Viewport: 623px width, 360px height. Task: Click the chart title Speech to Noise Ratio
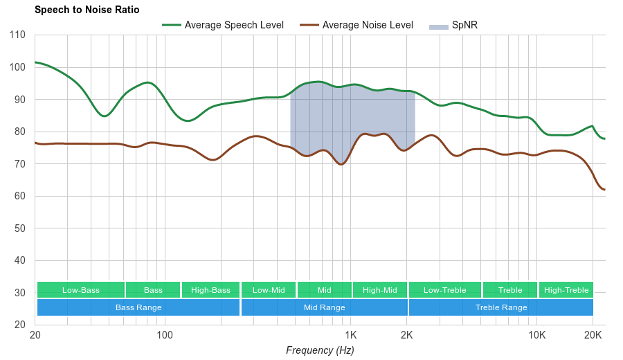(x=87, y=10)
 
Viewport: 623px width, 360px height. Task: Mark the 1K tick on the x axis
(x=349, y=335)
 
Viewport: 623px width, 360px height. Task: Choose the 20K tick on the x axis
(x=593, y=335)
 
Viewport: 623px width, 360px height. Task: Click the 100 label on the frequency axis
(x=164, y=335)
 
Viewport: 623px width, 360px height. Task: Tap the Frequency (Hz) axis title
(x=320, y=350)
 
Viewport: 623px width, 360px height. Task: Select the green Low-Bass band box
(x=81, y=290)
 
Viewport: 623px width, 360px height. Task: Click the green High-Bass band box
(x=210, y=290)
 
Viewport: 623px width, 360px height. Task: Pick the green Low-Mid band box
(x=269, y=290)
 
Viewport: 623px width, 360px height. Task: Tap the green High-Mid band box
(x=380, y=290)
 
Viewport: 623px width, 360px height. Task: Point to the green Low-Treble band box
(x=445, y=290)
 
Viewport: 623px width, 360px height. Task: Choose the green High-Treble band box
(x=566, y=290)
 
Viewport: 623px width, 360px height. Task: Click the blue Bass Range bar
(x=138, y=307)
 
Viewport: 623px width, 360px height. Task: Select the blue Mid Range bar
(x=324, y=307)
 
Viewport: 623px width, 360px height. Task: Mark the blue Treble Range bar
(x=501, y=307)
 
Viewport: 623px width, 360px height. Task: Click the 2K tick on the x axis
(x=407, y=335)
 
